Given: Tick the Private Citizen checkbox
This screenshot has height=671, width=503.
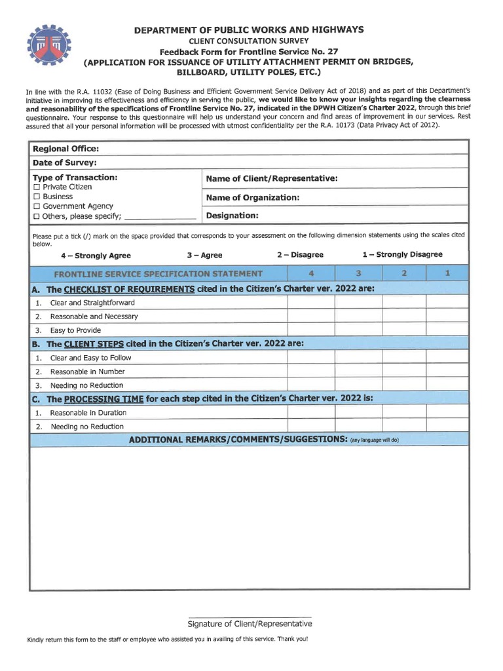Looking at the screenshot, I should click(37, 187).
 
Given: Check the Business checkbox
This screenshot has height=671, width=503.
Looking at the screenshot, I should click(37, 197).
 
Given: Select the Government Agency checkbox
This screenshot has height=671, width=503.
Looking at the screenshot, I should click(37, 206).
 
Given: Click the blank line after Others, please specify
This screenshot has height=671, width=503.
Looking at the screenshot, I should click(160, 216).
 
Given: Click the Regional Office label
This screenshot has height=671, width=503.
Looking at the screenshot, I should click(65, 149).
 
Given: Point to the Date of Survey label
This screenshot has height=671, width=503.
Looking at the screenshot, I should click(65, 163).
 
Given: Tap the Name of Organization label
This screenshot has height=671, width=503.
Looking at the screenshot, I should click(253, 197).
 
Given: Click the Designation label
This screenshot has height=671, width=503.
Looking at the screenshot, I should click(232, 215).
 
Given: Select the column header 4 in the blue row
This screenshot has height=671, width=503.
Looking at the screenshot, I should click(311, 273).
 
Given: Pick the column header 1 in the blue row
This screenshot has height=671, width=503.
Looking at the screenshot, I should click(447, 273).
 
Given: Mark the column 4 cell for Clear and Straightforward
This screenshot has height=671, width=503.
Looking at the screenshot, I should click(311, 303).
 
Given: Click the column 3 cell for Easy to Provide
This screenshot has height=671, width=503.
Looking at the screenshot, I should click(358, 330).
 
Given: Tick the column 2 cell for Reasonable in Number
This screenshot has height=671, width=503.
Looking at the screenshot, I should click(403, 372).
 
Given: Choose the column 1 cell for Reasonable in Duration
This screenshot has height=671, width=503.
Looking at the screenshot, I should click(447, 413).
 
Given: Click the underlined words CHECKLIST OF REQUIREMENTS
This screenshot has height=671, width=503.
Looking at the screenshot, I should click(129, 289).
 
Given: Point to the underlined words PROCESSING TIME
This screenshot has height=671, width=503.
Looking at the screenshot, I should click(103, 399).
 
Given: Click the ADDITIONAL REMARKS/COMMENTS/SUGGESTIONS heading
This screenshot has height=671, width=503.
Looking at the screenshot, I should click(238, 440).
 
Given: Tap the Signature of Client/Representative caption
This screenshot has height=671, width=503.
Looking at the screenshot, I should click(250, 624).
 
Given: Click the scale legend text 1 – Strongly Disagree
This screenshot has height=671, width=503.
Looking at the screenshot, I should click(402, 254).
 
